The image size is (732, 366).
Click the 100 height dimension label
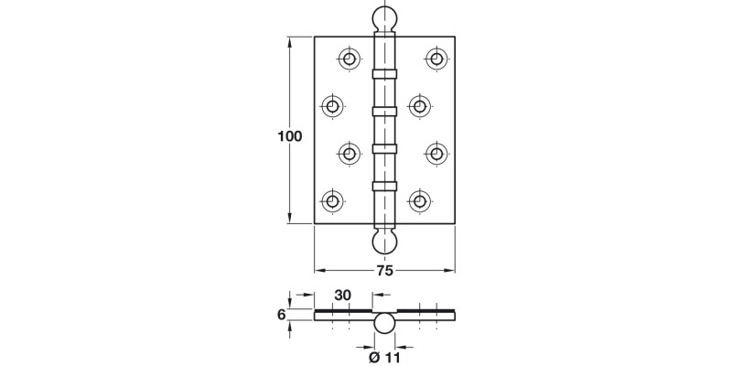pyautogui.click(x=289, y=136)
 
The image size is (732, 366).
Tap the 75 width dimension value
pyautogui.click(x=384, y=271)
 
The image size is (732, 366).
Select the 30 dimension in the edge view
pyautogui.click(x=343, y=296)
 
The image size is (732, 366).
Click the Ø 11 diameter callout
pyautogui.click(x=385, y=358)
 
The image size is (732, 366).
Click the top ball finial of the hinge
pyautogui.click(x=384, y=20)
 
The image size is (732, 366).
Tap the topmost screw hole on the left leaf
pyautogui.click(x=349, y=58)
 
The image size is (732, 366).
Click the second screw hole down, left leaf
pyautogui.click(x=332, y=105)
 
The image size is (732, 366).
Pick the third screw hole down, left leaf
pyautogui.click(x=349, y=153)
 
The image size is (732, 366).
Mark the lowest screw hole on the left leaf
pyautogui.click(x=332, y=199)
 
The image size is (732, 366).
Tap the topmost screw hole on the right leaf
pyautogui.click(x=436, y=58)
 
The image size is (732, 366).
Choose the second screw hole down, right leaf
pyautogui.click(x=420, y=105)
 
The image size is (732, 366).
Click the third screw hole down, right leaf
pyautogui.click(x=436, y=153)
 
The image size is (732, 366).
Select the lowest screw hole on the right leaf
pyautogui.click(x=420, y=199)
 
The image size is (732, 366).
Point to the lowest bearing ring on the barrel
pyautogui.click(x=384, y=187)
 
